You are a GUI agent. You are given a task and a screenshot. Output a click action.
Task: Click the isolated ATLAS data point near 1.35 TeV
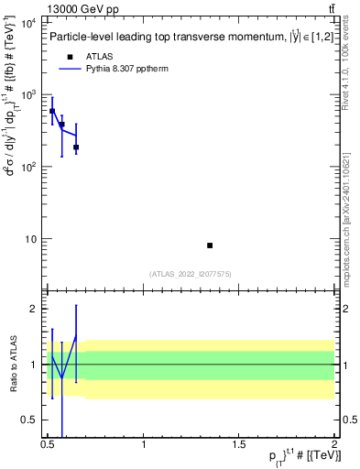coord(210,245)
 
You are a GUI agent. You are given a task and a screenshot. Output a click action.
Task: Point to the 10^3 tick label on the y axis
coord(27,95)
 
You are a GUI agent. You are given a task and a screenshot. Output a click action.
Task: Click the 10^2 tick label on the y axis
coord(27,168)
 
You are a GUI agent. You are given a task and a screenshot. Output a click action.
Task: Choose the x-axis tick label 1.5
coord(239,445)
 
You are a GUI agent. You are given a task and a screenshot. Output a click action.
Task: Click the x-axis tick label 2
coord(334,445)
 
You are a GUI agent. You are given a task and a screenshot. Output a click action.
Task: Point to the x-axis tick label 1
coord(144,445)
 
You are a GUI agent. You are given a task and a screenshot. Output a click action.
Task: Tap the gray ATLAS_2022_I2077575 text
coord(191,274)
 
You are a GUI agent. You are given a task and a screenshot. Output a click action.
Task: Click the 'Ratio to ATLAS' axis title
coord(11,364)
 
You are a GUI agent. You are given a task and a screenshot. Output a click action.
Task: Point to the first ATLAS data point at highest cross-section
coord(52,111)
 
